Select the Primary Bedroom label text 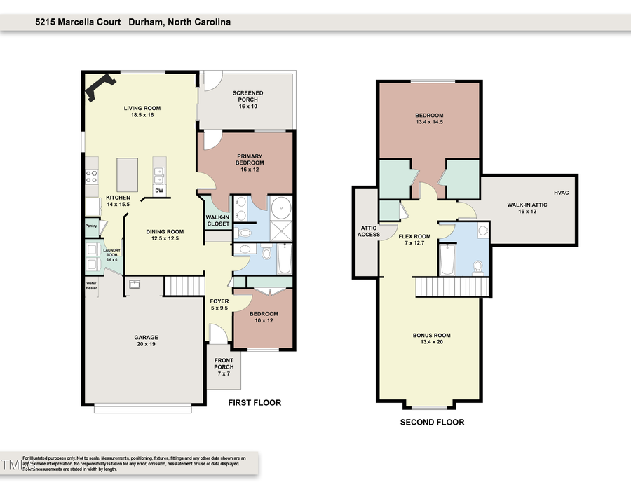point(250,161)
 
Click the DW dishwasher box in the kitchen point(159,191)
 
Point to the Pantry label point(90,226)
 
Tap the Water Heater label point(91,285)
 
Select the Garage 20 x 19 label point(146,341)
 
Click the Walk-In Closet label point(217,220)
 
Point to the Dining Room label point(165,235)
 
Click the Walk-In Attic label point(527,207)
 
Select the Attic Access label point(369,231)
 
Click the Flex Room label point(414,240)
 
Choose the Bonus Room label point(431,339)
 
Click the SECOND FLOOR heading point(432,423)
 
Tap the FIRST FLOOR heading point(255,403)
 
